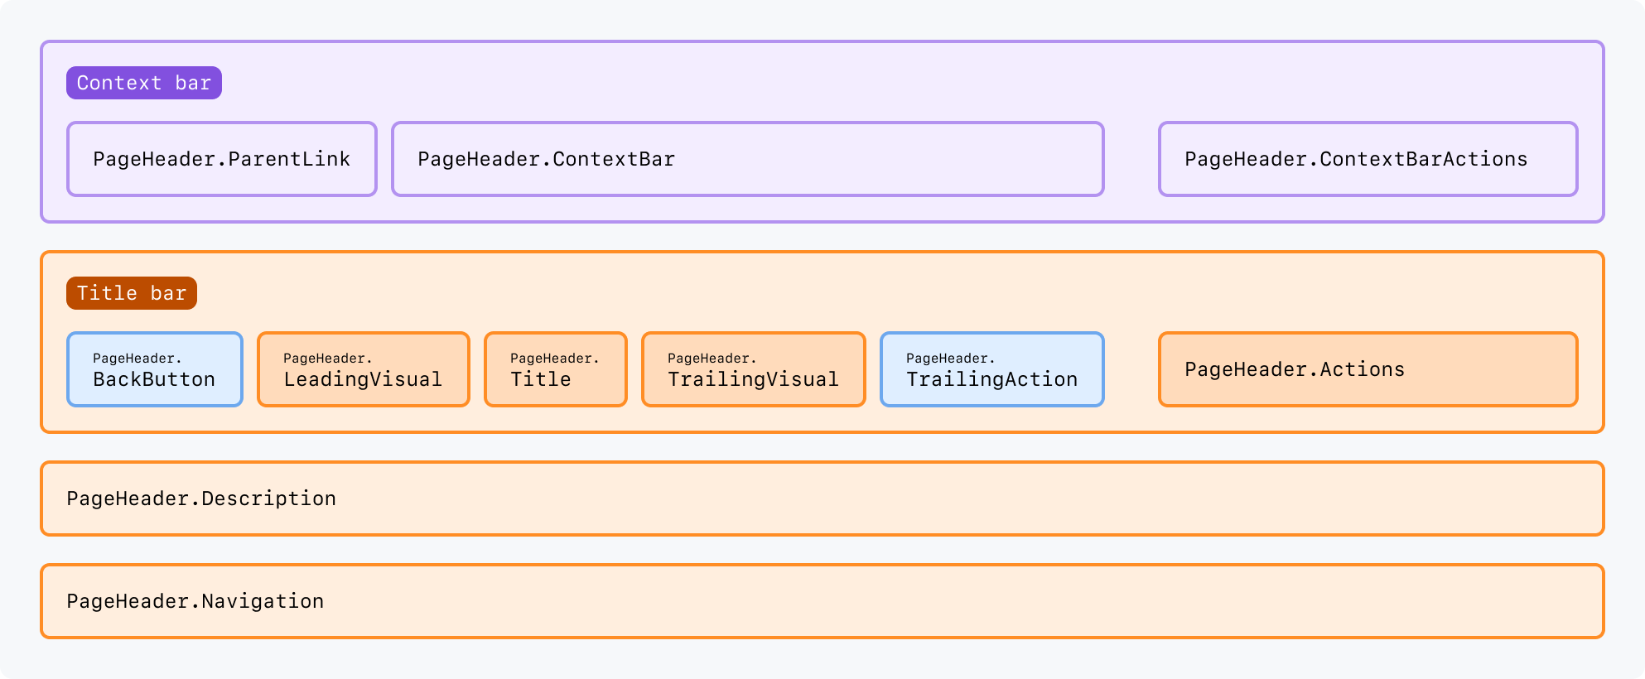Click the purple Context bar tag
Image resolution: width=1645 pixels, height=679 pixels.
(x=144, y=83)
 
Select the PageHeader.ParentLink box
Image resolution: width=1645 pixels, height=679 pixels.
(x=222, y=159)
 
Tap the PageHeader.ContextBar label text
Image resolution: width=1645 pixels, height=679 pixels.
(x=546, y=159)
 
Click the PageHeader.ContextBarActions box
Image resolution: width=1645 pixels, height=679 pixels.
(x=1368, y=159)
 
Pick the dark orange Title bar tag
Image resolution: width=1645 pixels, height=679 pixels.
(x=132, y=293)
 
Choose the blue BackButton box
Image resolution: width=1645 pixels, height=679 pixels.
(x=155, y=369)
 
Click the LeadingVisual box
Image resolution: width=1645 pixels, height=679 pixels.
(x=364, y=369)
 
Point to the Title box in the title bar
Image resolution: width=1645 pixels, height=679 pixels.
(x=556, y=369)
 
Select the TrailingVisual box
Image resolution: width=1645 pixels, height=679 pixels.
(x=754, y=369)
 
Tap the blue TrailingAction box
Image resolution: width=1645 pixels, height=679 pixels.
(x=992, y=369)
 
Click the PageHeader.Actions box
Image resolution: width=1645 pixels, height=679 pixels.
(x=1368, y=369)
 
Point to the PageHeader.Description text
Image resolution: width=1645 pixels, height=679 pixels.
(x=201, y=498)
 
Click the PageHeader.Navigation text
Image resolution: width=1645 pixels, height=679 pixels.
(x=195, y=601)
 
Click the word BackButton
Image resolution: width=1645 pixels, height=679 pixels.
(x=154, y=379)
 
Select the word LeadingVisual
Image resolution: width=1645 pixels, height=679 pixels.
(x=363, y=379)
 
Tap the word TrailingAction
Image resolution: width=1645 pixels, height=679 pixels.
(x=992, y=379)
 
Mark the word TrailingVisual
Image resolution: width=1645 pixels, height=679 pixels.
(x=754, y=379)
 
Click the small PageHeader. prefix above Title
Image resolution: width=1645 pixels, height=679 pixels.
(x=554, y=358)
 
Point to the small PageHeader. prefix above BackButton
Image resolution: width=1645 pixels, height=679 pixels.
(x=137, y=358)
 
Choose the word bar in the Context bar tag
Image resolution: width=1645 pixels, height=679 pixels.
(x=193, y=83)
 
